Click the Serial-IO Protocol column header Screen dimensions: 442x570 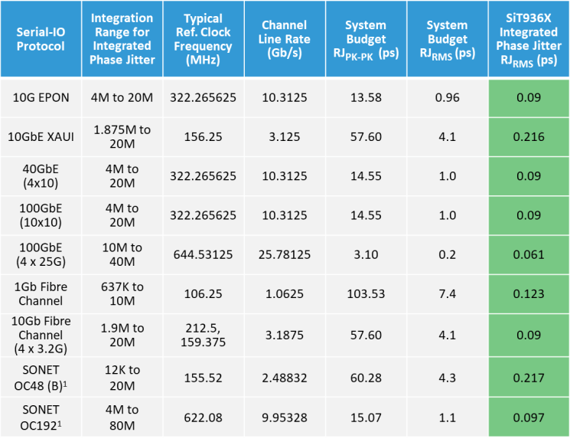tap(42, 39)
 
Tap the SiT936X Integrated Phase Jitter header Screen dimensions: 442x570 tap(528, 39)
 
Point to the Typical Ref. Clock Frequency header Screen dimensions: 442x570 tap(203, 39)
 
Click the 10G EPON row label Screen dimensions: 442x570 tap(42, 97)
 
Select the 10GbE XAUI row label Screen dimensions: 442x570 tap(42, 137)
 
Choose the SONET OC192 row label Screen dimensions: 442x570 tap(42, 417)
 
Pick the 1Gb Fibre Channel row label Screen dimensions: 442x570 tap(42, 294)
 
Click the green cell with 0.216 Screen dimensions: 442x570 tap(528, 137)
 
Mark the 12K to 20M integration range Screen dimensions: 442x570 tap(123, 377)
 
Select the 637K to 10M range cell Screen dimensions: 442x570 tap(123, 294)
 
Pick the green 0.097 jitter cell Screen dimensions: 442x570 tap(528, 417)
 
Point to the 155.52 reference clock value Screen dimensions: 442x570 tap(203, 378)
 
